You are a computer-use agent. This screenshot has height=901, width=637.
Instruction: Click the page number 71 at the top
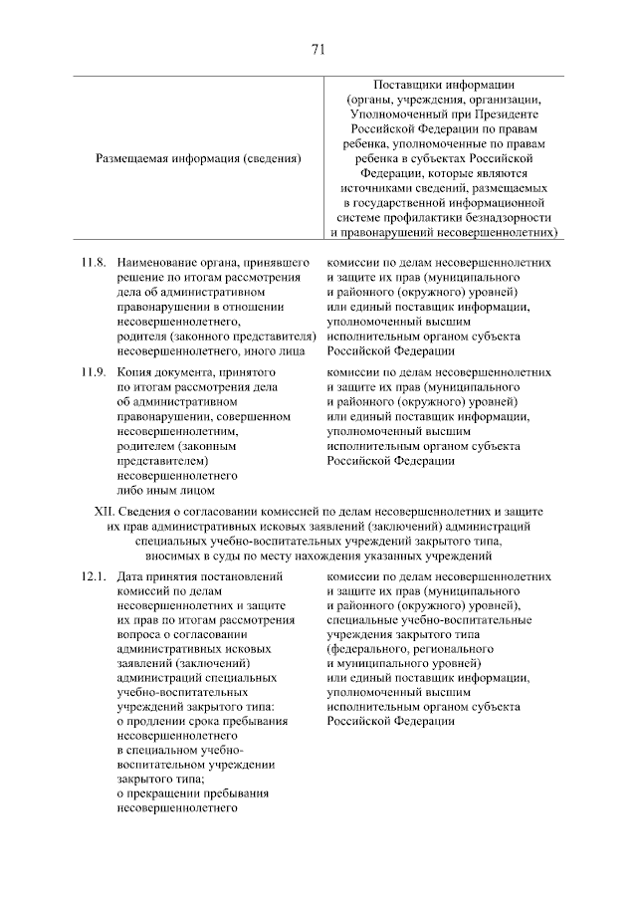(x=318, y=50)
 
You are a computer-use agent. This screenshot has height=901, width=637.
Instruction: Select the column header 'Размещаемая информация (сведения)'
(x=199, y=157)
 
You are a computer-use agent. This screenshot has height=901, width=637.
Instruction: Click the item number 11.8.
(x=93, y=263)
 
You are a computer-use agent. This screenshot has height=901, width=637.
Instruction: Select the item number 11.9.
(x=93, y=372)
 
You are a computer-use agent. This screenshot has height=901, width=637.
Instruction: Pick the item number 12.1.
(x=93, y=576)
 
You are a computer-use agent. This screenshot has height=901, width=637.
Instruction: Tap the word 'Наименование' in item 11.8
(x=160, y=263)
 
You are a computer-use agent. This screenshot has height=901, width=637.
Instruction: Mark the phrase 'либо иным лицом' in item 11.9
(x=165, y=490)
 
